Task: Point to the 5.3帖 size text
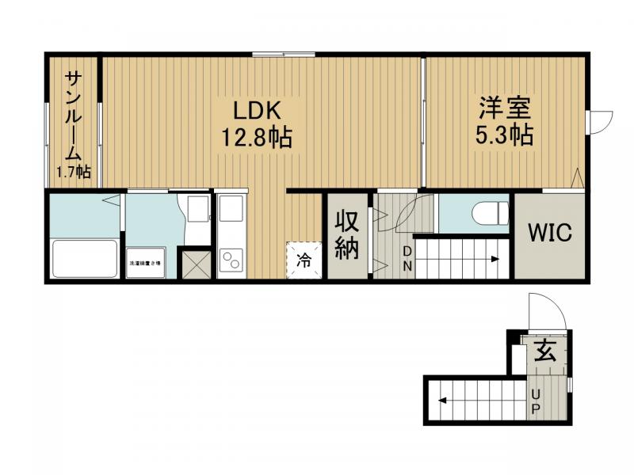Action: tap(503, 135)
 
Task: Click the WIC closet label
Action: tap(550, 234)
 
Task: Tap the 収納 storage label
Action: tap(346, 235)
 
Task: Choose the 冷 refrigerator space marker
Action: tap(304, 259)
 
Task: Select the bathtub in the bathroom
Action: tap(84, 259)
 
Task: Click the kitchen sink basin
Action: tap(231, 210)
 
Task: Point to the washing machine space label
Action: tap(146, 263)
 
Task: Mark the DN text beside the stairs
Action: tap(407, 259)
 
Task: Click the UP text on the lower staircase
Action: tap(536, 401)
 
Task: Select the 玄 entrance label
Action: tap(544, 349)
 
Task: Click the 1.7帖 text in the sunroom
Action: tap(72, 172)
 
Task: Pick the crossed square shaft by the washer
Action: tap(194, 264)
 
